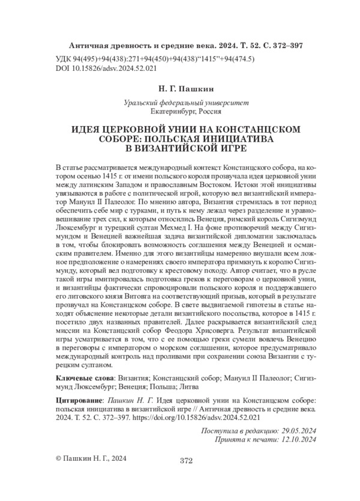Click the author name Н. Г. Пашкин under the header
[179, 88]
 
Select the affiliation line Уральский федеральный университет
[179, 103]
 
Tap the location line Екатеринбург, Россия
[179, 112]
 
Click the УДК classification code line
[155, 59]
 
